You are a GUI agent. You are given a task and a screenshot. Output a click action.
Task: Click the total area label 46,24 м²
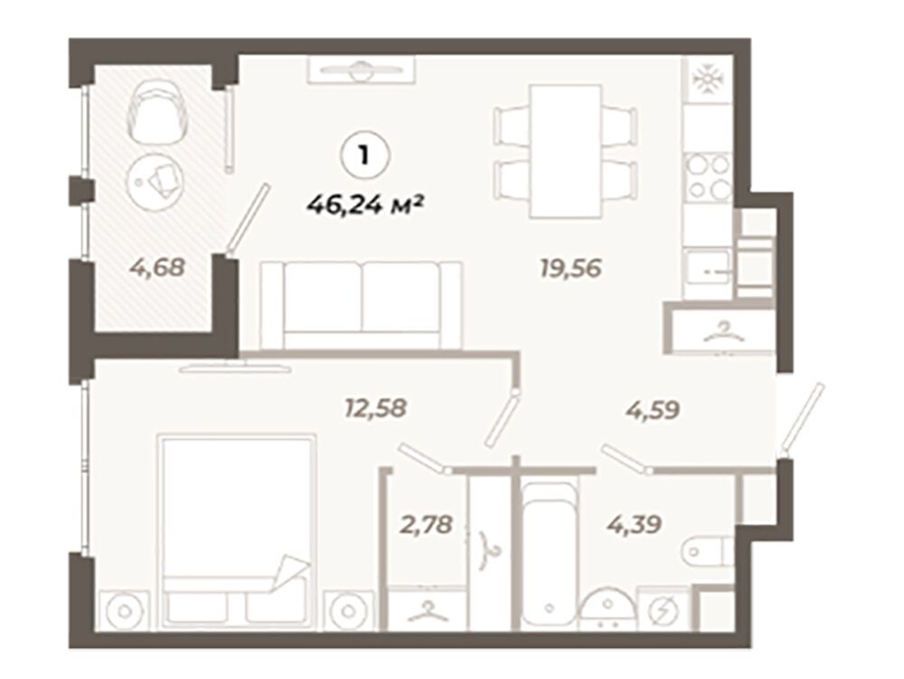pyautogui.click(x=366, y=203)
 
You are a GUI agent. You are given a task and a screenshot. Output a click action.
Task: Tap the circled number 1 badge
pyautogui.click(x=365, y=156)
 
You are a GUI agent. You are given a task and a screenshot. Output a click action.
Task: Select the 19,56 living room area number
pyautogui.click(x=570, y=268)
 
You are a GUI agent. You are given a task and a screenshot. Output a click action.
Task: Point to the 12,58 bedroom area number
pyautogui.click(x=375, y=409)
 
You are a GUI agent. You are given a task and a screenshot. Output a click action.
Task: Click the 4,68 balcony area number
pyautogui.click(x=156, y=267)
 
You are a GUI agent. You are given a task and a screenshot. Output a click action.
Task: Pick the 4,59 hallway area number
pyautogui.click(x=653, y=410)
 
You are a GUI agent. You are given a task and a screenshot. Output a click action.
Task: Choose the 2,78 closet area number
pyautogui.click(x=426, y=525)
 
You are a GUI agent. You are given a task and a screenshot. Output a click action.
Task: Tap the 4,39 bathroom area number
pyautogui.click(x=634, y=525)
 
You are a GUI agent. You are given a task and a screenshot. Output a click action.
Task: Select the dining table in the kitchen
pyautogui.click(x=566, y=151)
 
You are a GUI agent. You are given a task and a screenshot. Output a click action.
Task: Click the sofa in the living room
pyautogui.click(x=362, y=305)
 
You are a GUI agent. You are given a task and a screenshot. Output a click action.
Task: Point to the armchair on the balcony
pyautogui.click(x=156, y=110)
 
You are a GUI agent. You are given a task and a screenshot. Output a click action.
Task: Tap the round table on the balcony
pyautogui.click(x=155, y=181)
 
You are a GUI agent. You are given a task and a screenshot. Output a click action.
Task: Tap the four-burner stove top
pyautogui.click(x=709, y=177)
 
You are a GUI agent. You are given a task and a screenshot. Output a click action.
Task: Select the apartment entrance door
pyautogui.click(x=802, y=419)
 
